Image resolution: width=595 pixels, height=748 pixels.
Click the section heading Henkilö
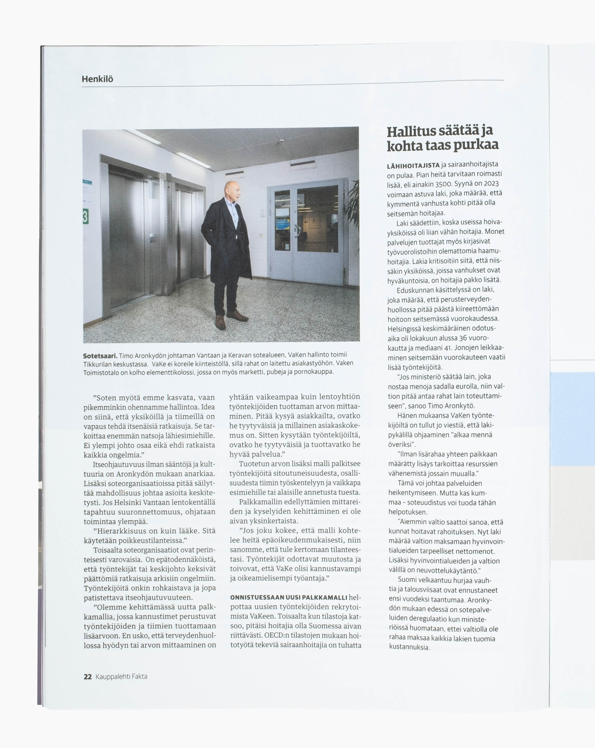point(97,79)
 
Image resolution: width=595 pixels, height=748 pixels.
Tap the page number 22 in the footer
point(88,677)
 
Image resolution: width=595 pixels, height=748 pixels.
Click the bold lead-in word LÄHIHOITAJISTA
point(413,165)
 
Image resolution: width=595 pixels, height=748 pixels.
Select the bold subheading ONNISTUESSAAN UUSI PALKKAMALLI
point(289,597)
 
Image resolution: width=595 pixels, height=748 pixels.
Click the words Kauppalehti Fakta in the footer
point(121,677)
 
